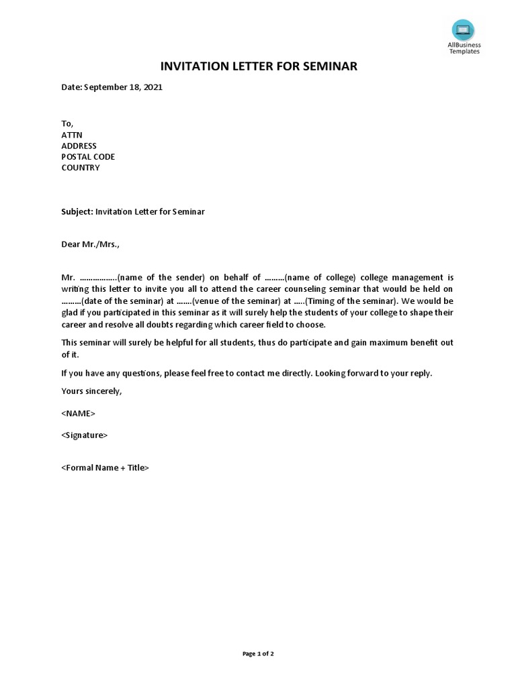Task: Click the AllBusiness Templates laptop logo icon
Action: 463,30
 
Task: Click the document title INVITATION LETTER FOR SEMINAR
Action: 258,66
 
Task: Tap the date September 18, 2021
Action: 123,87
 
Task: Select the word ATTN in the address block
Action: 72,135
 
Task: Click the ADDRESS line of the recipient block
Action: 79,146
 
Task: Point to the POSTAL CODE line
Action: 88,156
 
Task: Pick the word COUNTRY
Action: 81,168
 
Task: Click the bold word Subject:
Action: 77,211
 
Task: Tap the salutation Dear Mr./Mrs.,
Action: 91,244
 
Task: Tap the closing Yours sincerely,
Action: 92,390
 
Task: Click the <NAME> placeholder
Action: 79,413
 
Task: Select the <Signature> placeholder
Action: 84,435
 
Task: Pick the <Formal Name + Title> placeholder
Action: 105,468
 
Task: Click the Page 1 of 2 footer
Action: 258,654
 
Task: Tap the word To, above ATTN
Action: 67,124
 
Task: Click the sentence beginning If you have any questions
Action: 247,373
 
